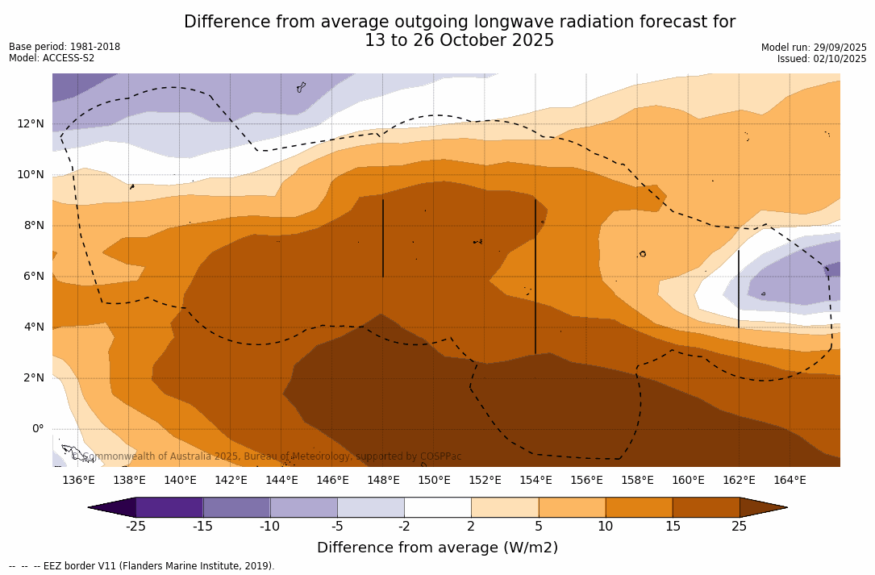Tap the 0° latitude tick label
(x=38, y=429)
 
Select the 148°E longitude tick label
(x=383, y=481)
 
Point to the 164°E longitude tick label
(x=790, y=481)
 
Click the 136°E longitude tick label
(x=78, y=481)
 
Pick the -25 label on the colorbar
(x=135, y=527)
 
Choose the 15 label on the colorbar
(x=673, y=527)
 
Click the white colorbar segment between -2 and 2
(x=438, y=507)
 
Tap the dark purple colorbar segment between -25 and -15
(x=169, y=507)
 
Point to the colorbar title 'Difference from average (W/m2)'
(x=437, y=548)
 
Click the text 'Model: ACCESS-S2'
(x=52, y=58)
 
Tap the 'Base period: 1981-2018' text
(x=65, y=47)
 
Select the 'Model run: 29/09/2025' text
(x=814, y=48)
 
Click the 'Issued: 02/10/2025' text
(x=822, y=59)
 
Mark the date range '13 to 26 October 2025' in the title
(x=459, y=41)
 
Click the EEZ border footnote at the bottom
(x=142, y=566)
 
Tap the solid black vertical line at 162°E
(x=739, y=289)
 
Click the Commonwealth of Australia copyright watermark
(x=266, y=456)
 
